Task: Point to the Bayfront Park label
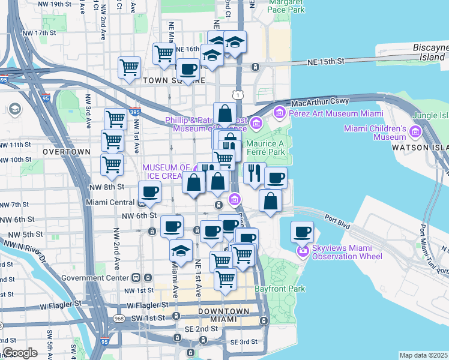pos(279,289)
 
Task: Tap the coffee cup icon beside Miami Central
pos(149,191)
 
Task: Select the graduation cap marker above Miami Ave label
pos(180,250)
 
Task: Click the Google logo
pos(20,353)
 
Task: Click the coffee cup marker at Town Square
pos(188,69)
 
